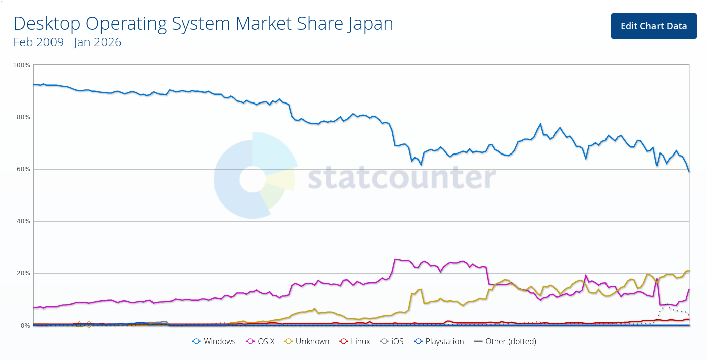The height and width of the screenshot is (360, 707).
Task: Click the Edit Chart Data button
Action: tap(653, 26)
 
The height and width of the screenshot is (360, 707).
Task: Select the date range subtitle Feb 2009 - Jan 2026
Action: tap(67, 42)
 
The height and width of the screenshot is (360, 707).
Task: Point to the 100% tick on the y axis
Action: tap(22, 65)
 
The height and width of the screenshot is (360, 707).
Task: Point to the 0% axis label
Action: tap(26, 326)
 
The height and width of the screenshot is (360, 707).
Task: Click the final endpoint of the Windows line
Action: tap(689, 172)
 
